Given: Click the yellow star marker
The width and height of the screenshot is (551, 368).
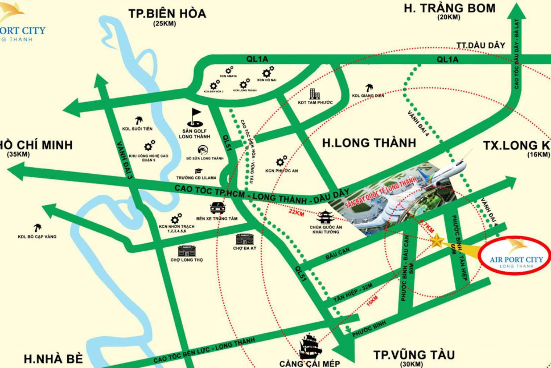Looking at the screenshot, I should tap(437, 241).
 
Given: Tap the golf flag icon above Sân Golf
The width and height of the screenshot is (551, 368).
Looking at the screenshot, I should tap(195, 117).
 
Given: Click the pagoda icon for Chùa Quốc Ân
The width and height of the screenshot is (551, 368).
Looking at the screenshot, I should tap(325, 217).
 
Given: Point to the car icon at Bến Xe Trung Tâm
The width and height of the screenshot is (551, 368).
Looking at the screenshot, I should tap(218, 208).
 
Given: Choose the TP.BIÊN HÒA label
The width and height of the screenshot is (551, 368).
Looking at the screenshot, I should tap(167, 14).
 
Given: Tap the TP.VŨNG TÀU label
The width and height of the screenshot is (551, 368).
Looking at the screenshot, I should tap(414, 355).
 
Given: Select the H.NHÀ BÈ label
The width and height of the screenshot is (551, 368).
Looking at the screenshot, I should tap(53, 358).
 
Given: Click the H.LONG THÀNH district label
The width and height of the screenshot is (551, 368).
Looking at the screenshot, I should tap(369, 143).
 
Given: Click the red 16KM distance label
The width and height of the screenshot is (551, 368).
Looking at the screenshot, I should tap(372, 300).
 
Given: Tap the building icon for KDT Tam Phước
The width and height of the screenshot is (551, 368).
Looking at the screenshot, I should tap(314, 94).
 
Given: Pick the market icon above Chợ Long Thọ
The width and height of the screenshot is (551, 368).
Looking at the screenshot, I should tap(186, 251).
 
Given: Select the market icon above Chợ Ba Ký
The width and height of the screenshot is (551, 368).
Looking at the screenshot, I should tap(244, 239).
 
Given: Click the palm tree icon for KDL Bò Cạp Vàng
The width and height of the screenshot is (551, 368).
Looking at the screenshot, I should tap(37, 228).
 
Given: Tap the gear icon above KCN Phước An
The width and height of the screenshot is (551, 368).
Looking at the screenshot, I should tap(281, 161).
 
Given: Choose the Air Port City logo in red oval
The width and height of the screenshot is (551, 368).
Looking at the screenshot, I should tap(516, 256).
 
